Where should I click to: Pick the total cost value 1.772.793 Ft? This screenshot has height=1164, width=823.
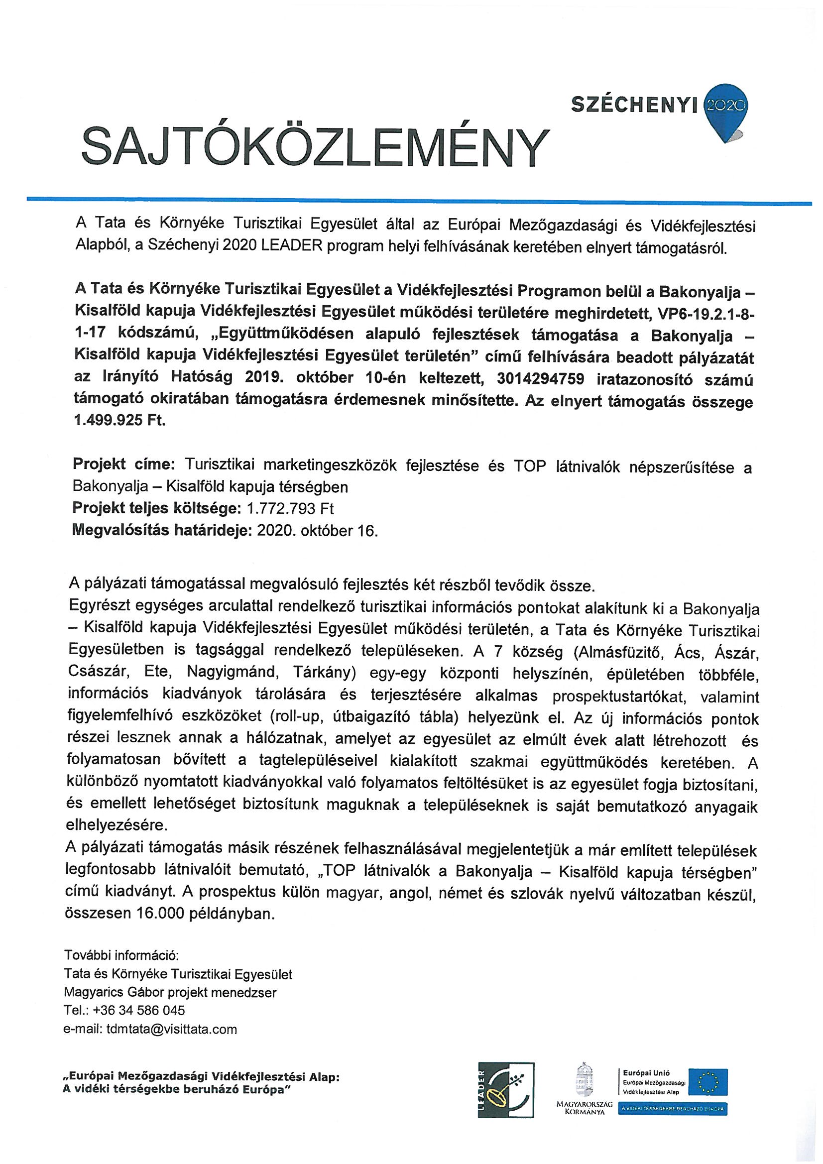point(290,508)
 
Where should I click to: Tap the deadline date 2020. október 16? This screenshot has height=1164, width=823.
point(318,531)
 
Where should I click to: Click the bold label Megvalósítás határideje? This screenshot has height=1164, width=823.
point(163,531)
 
